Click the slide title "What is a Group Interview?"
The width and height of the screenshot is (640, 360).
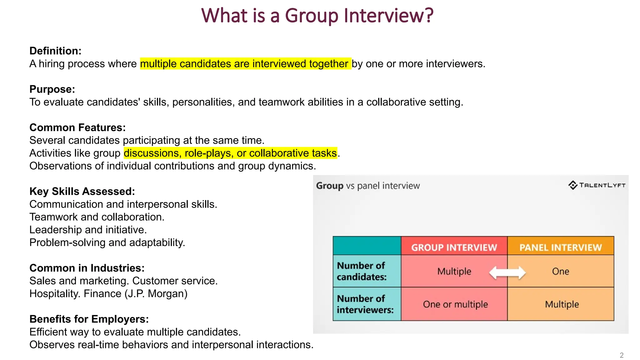[317, 16]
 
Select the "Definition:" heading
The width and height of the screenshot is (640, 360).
[55, 51]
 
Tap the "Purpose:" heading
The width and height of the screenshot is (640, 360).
[52, 89]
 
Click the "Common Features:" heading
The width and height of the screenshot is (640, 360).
[77, 127]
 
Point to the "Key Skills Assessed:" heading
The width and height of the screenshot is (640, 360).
[82, 191]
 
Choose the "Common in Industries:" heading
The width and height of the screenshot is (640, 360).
[87, 268]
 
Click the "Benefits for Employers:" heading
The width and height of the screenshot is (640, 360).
[89, 319]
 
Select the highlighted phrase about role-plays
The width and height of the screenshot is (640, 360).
[230, 153]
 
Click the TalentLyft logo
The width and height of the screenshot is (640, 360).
[597, 185]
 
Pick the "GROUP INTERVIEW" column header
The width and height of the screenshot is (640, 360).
[454, 247]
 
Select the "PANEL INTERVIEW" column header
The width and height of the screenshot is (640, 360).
[561, 247]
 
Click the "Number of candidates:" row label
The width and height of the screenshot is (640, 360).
[362, 271]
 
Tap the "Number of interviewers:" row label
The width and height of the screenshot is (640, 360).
[365, 304]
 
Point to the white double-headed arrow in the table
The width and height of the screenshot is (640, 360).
[507, 272]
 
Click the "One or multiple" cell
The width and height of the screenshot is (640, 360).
[455, 304]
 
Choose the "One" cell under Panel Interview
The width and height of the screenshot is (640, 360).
[561, 271]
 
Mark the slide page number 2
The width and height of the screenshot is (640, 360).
[622, 355]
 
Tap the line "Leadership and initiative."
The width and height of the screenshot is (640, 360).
[88, 230]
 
